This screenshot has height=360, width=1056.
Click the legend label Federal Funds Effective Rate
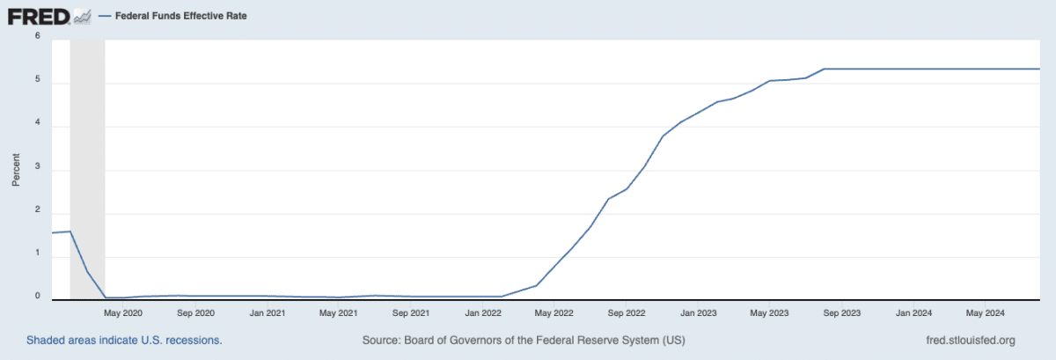(180, 16)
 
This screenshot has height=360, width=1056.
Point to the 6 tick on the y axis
(37, 37)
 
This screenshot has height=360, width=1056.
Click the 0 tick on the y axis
(37, 296)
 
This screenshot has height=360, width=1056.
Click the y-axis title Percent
(16, 168)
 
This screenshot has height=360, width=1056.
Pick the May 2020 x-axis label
(123, 312)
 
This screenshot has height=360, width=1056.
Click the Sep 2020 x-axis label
(195, 312)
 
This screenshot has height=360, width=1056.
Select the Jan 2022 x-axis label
(483, 312)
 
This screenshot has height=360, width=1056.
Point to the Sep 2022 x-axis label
(627, 312)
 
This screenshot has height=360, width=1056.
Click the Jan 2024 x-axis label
(913, 312)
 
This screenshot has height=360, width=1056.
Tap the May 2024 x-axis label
(986, 312)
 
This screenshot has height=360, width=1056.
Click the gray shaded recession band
(87, 167)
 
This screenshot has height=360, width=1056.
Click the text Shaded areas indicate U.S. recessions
(123, 340)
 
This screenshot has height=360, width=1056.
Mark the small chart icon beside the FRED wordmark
(83, 16)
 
